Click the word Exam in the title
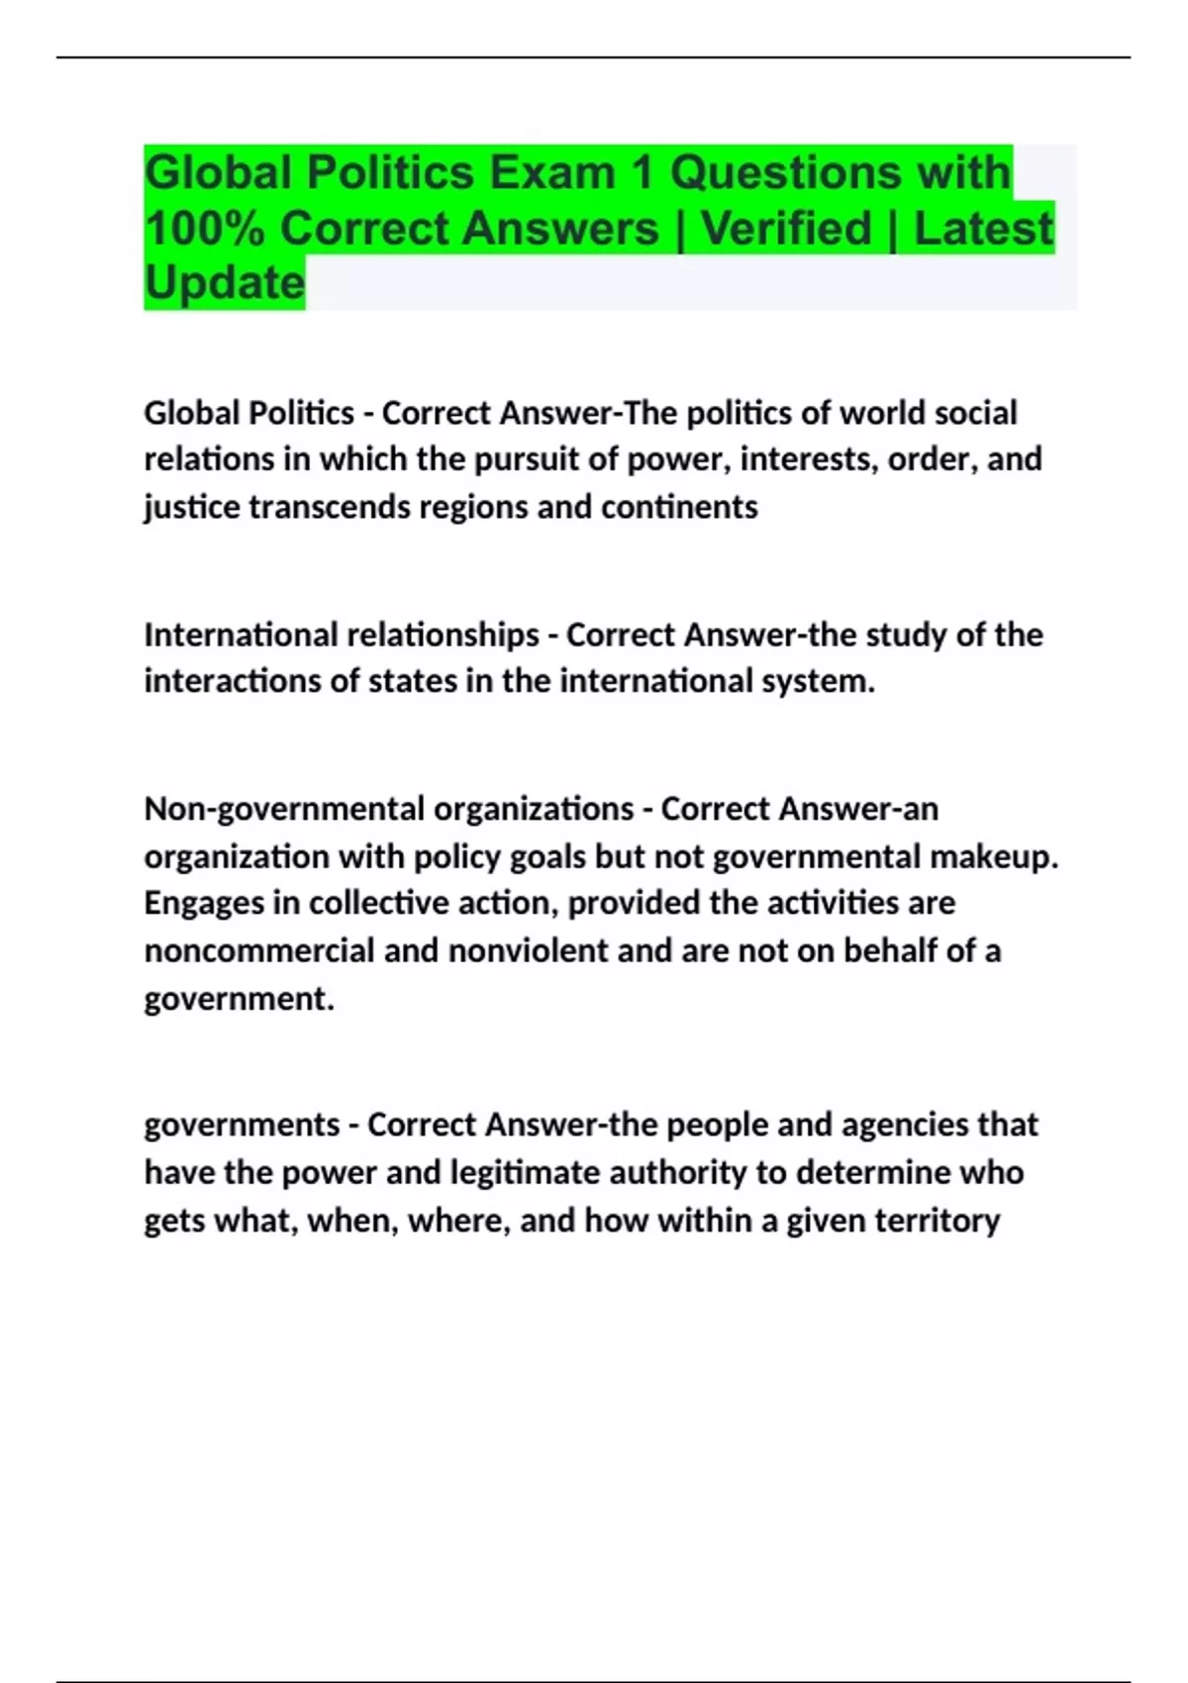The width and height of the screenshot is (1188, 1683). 552,173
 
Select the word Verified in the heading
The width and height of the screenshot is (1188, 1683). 786,229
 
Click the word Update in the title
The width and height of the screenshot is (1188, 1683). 225,283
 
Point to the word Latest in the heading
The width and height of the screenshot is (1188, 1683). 983,229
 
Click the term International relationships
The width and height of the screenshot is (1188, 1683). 342,635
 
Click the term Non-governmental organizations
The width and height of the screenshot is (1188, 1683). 388,809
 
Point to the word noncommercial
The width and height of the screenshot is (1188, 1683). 259,950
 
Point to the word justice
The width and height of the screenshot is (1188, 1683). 191,507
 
